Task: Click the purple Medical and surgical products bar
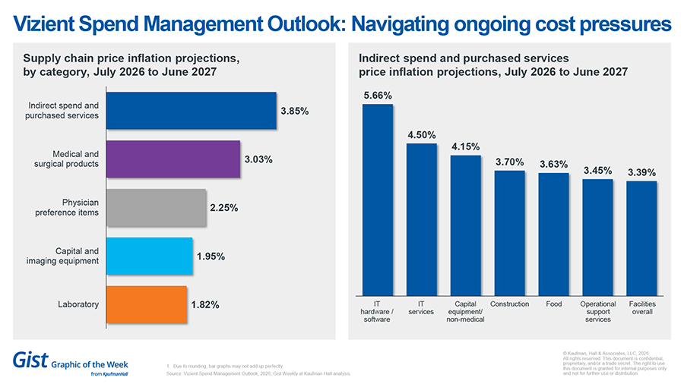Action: [173, 159]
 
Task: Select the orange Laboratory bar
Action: [146, 304]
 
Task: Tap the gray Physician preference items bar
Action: [156, 207]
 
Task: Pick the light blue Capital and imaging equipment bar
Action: [149, 256]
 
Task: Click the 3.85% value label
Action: [294, 111]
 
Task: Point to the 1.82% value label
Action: [205, 305]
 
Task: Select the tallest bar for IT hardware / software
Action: [377, 199]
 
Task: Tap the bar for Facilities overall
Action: [641, 238]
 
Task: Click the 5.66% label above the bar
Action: [377, 96]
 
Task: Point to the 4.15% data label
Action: [465, 146]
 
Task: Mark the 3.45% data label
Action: [597, 171]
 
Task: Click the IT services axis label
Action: [421, 308]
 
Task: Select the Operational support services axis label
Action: [597, 312]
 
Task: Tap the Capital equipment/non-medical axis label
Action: [465, 312]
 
